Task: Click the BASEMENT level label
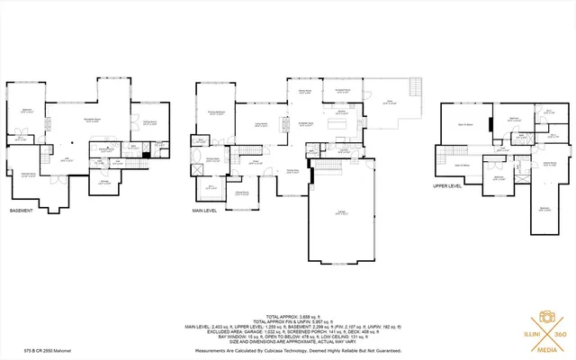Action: (22, 211)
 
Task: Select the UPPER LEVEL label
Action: (447, 187)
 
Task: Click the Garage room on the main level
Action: (341, 211)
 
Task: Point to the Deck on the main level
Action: (389, 103)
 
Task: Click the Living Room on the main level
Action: (261, 126)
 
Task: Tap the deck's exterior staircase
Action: (415, 88)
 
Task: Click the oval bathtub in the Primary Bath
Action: (199, 167)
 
